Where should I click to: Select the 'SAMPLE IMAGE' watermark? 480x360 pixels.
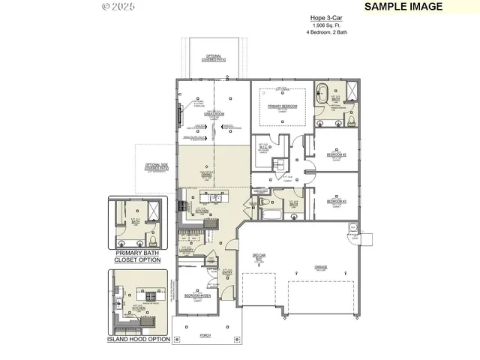click(x=403, y=7)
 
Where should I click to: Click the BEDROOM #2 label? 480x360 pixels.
click(x=335, y=155)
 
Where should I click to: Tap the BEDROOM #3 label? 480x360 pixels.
click(x=335, y=202)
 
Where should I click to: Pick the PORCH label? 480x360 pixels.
click(x=205, y=335)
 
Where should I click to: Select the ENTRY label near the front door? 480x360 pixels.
click(x=228, y=274)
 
